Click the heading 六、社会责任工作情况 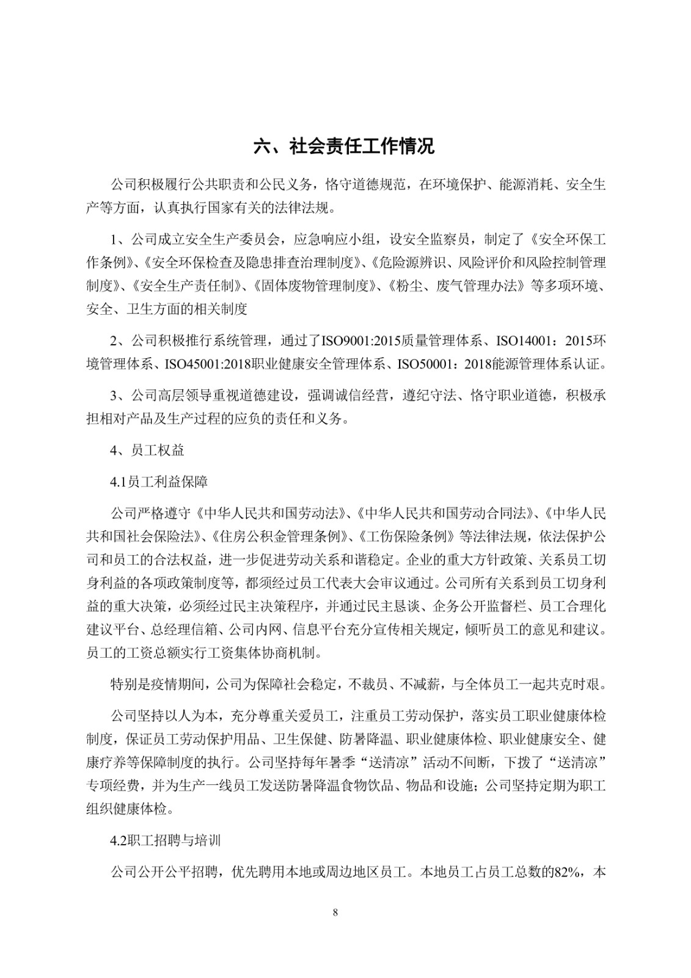tap(345, 147)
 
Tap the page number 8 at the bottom tap(335, 913)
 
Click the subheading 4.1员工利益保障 tap(159, 482)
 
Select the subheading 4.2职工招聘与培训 tap(166, 840)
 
